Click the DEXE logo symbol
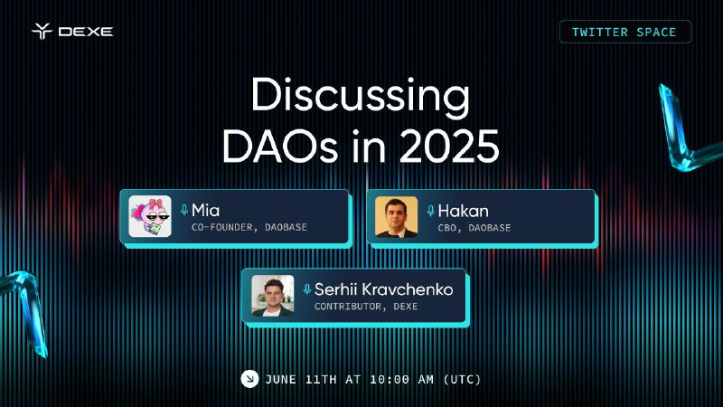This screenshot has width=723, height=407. (x=42, y=31)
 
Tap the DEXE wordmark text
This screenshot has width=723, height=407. (x=86, y=32)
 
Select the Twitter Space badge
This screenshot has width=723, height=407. (x=625, y=32)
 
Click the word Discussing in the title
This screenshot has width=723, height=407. (x=360, y=95)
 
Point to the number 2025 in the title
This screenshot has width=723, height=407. (x=449, y=146)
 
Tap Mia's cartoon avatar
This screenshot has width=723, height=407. (x=150, y=216)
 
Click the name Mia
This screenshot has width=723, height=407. (x=205, y=211)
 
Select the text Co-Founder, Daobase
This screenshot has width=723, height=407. (x=249, y=227)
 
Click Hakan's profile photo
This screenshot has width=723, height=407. (x=396, y=217)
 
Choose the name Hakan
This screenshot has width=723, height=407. (x=463, y=211)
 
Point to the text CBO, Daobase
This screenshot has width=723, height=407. (x=474, y=228)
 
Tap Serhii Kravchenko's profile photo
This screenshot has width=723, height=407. (x=273, y=296)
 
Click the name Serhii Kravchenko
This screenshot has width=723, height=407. (x=383, y=289)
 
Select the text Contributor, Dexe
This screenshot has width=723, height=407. (x=366, y=307)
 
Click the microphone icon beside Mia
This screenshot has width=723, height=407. (x=184, y=211)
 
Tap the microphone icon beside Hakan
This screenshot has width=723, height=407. (x=431, y=211)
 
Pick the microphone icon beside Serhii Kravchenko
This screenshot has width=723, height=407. (x=307, y=289)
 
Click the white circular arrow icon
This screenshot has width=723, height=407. (x=249, y=379)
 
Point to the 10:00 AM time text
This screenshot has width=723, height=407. (x=401, y=379)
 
